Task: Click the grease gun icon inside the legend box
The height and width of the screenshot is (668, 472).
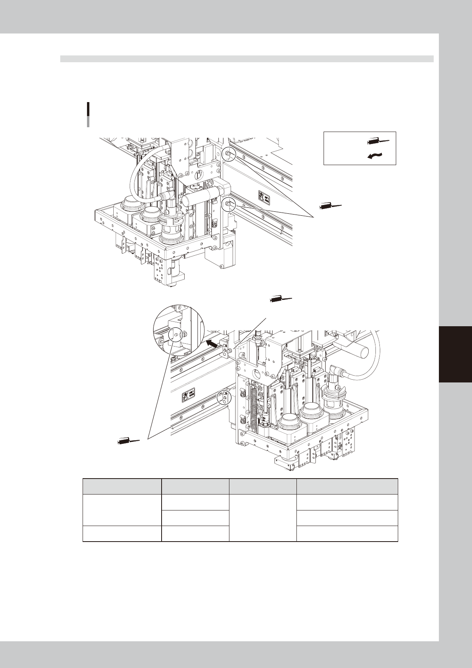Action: [378, 141]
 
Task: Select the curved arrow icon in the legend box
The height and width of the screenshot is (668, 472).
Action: [377, 156]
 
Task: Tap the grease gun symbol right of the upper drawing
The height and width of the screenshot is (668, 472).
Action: [331, 206]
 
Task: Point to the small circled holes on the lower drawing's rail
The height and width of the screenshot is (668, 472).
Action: [224, 398]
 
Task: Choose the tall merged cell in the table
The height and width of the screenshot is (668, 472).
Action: [263, 518]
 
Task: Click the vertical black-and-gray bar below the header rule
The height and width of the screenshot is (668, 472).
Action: [88, 114]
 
